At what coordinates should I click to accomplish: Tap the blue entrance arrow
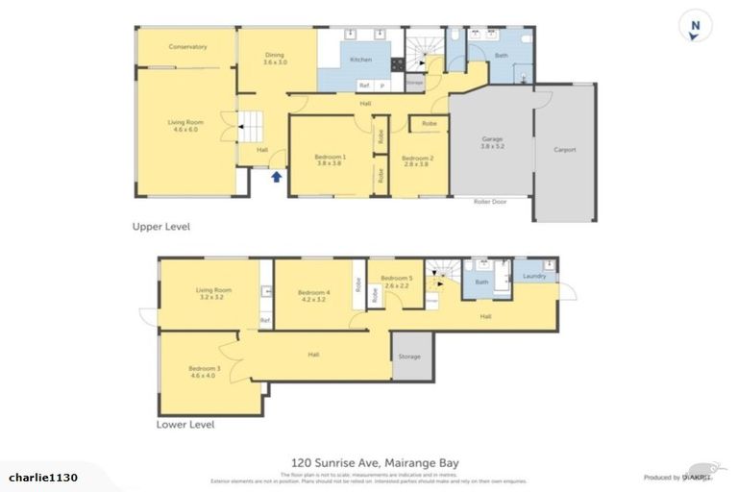click(x=277, y=177)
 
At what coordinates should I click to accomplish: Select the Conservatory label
click(x=187, y=47)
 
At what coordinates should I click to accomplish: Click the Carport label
click(x=565, y=149)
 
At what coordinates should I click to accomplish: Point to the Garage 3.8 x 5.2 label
click(x=492, y=144)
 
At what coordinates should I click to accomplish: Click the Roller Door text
click(x=490, y=202)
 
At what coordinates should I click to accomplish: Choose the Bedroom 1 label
click(x=329, y=160)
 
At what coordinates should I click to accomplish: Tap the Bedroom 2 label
click(x=418, y=160)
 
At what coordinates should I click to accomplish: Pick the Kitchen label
click(x=360, y=61)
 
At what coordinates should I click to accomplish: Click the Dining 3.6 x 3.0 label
click(x=276, y=58)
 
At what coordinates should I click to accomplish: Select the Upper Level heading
click(x=160, y=227)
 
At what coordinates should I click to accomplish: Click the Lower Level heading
click(x=185, y=424)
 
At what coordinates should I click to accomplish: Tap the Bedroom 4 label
click(x=313, y=296)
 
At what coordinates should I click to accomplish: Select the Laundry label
click(x=534, y=277)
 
